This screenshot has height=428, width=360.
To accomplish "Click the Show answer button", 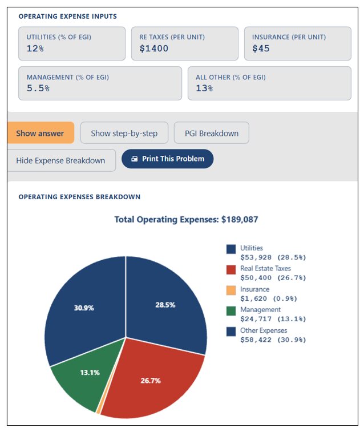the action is (x=41, y=133).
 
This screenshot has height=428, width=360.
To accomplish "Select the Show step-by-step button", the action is (x=124, y=133).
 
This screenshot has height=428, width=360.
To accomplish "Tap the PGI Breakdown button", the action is (x=212, y=133).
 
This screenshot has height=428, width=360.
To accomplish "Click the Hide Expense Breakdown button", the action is (x=61, y=160).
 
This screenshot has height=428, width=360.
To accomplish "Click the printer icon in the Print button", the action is (x=134, y=159).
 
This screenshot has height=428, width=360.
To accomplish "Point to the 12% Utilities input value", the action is (x=35, y=49).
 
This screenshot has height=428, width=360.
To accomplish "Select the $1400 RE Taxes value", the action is (x=153, y=49).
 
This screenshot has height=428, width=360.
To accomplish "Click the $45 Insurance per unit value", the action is (x=261, y=49).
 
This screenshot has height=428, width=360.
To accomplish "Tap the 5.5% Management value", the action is (x=38, y=88).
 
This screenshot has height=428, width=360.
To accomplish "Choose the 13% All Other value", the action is (x=204, y=88).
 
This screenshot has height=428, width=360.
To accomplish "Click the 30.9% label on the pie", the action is (x=84, y=308).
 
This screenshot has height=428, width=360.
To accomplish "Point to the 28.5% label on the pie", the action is (x=165, y=305).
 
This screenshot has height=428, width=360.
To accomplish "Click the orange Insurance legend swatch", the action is (x=231, y=290).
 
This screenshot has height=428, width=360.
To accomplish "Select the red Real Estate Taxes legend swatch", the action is (x=231, y=269).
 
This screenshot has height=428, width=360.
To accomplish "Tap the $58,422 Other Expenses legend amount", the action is (x=256, y=340).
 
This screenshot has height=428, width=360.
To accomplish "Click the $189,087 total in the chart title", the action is (x=240, y=220).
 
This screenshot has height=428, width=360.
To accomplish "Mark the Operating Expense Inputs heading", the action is (x=68, y=17).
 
